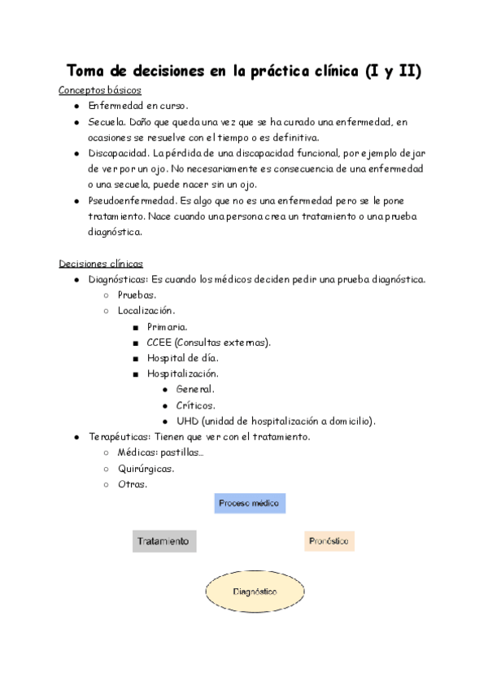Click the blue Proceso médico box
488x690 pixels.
pos(250,504)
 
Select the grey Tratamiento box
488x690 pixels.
pos(164,541)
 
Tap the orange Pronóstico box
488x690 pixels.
pos(329,541)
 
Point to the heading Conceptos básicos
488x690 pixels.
pos(100,90)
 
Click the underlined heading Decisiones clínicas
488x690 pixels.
pos(101,264)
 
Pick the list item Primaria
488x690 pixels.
pos(167,326)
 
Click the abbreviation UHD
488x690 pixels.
pos(187,421)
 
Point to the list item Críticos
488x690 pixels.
pos(195,405)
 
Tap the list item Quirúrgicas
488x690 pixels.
pos(146,469)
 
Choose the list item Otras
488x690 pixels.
pos(133,484)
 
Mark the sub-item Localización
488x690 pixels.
pos(146,311)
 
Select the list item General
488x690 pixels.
pos(194,390)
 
